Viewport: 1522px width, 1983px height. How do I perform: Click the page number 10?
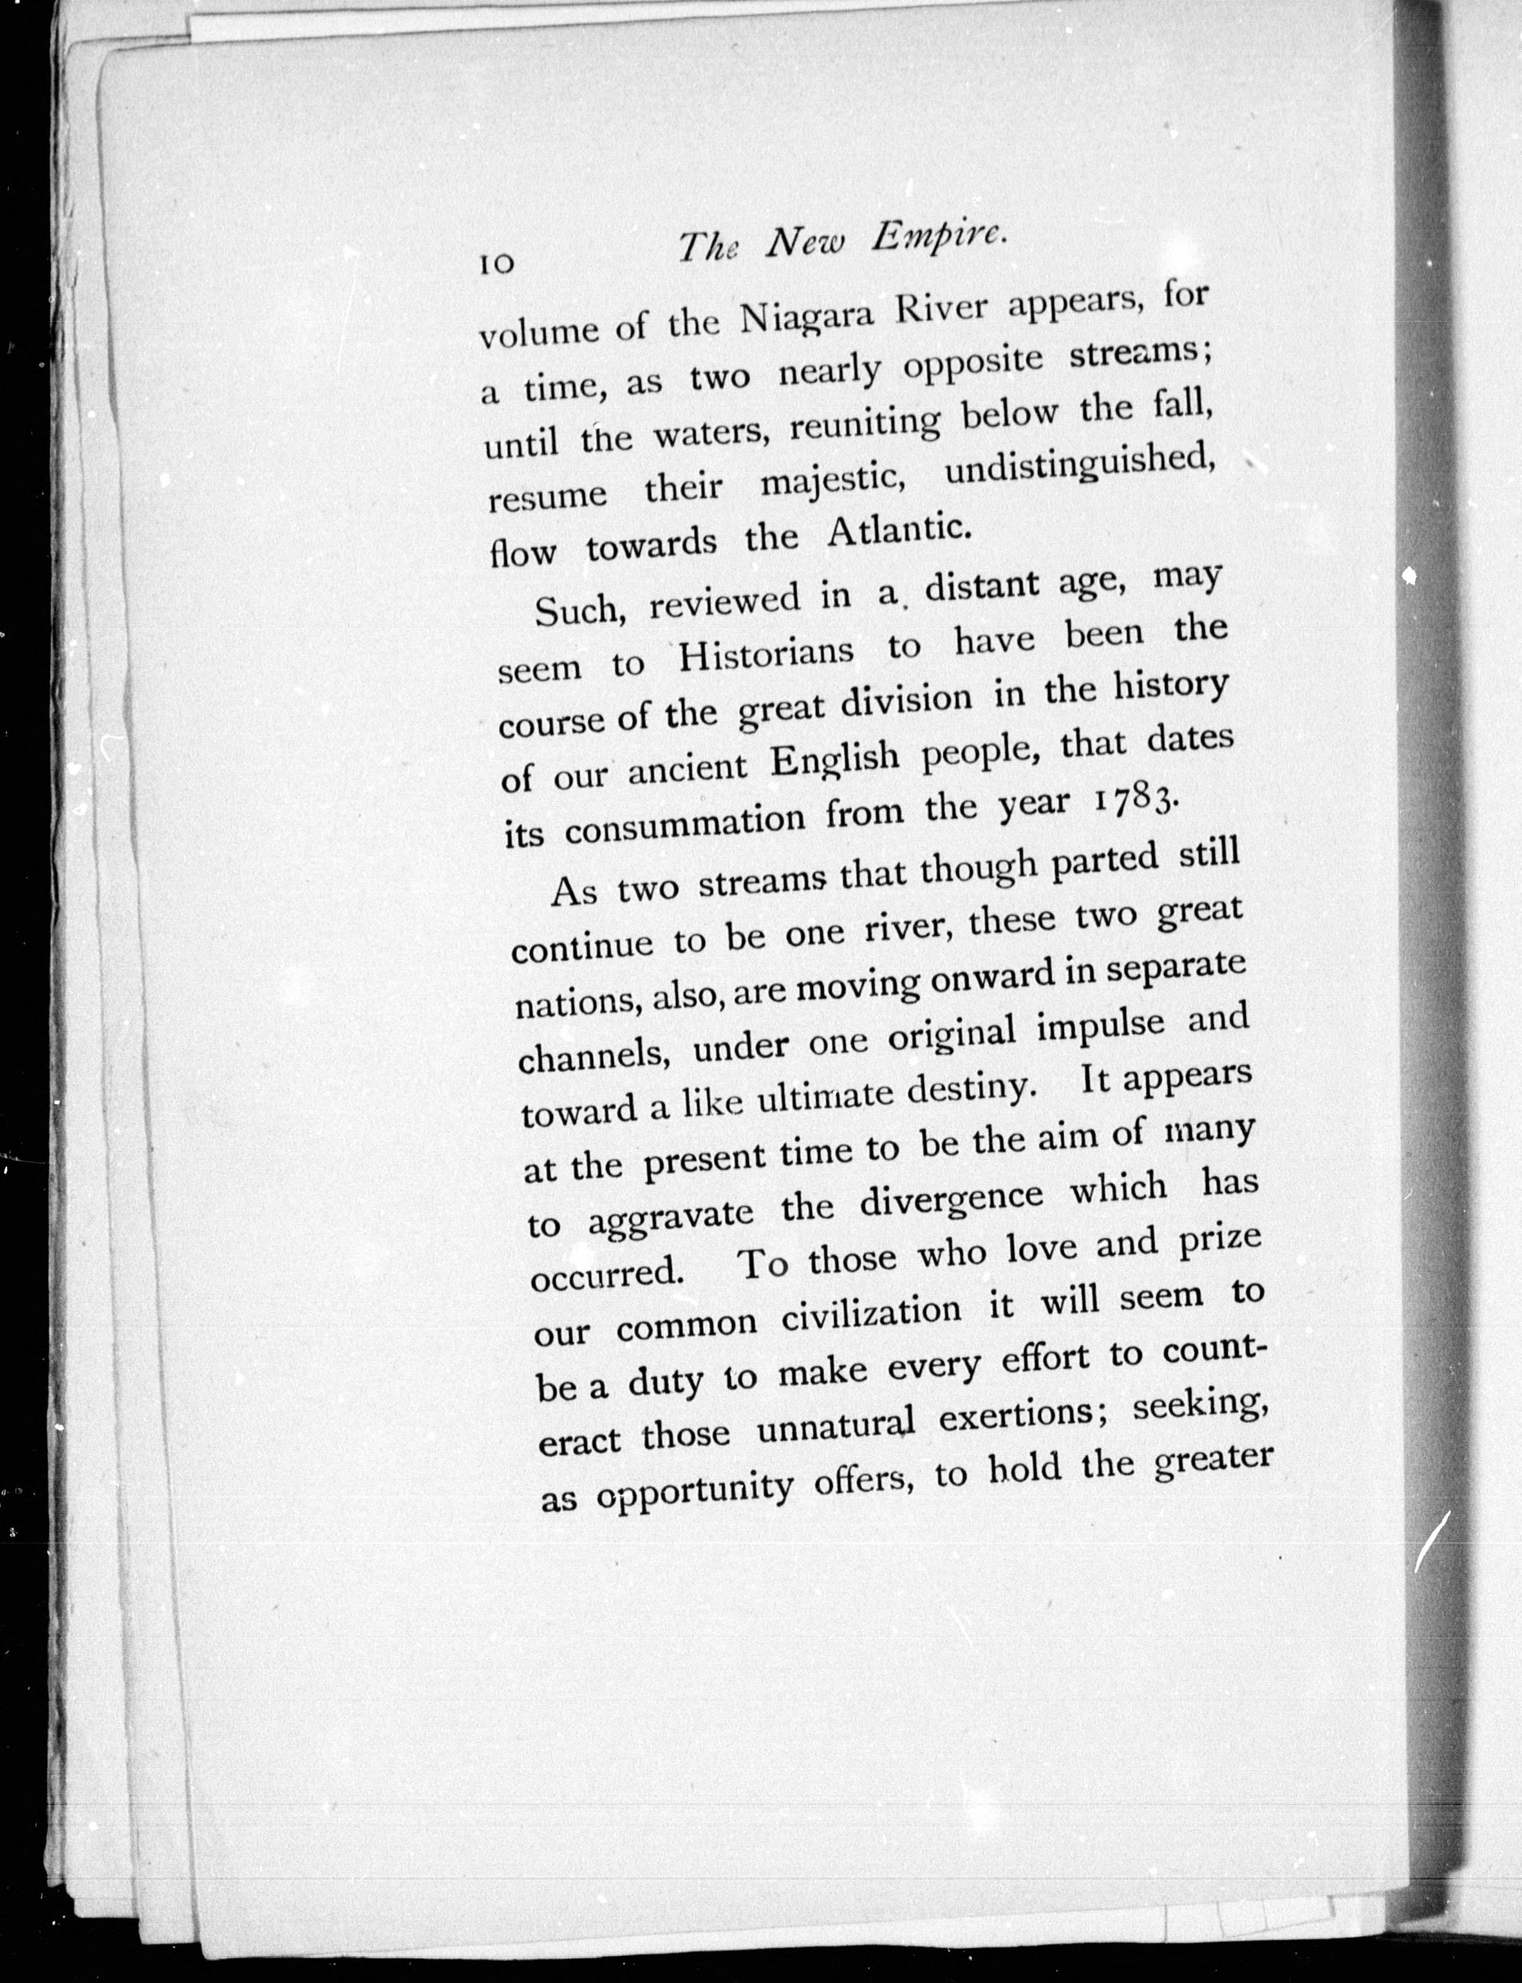point(496,263)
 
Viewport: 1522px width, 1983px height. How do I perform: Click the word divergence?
point(952,1200)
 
